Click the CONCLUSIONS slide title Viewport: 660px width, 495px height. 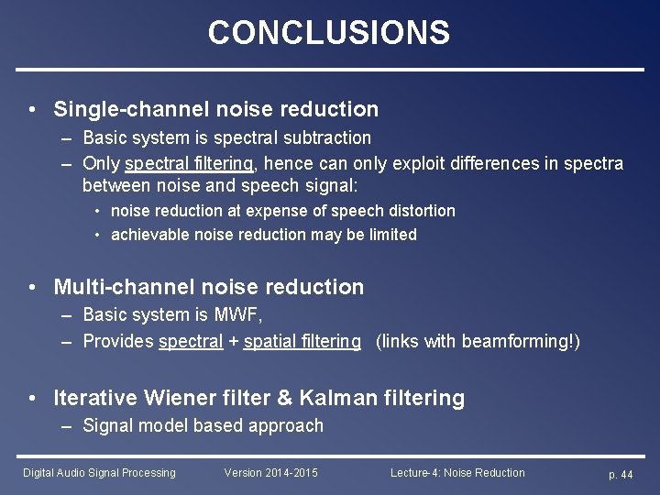[329, 33]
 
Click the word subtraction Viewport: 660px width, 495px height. [327, 137]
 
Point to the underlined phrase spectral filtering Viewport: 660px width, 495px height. [190, 163]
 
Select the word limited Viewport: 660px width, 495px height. [390, 235]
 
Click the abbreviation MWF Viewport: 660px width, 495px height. [240, 315]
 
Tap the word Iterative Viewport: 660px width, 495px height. [95, 398]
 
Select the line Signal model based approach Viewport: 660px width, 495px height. [203, 425]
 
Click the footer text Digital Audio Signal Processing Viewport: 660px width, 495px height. [99, 473]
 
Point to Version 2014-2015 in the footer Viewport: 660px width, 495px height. [271, 473]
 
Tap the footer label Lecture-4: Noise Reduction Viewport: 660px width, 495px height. [457, 473]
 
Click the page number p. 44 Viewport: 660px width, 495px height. [621, 474]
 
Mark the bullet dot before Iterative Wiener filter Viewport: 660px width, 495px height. [33, 398]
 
